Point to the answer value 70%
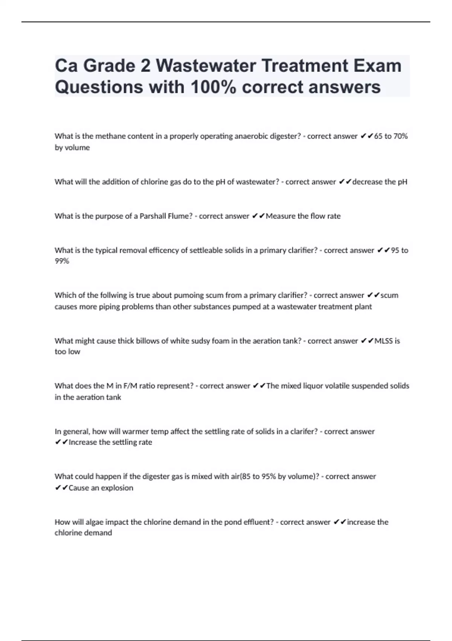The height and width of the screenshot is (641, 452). coord(400,136)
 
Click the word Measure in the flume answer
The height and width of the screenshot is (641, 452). coord(281,216)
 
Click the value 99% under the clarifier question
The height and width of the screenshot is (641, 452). coord(62,261)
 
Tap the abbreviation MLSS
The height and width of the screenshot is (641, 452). coord(383,341)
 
